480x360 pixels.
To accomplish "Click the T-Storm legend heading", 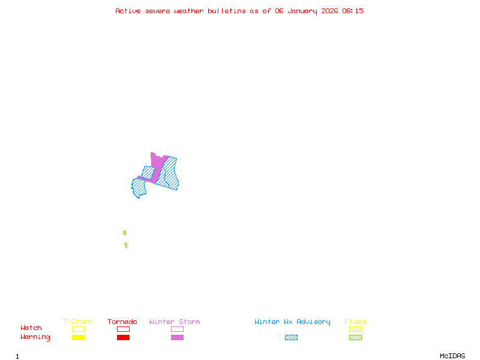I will [x=77, y=322].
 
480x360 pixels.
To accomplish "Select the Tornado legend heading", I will [x=122, y=322].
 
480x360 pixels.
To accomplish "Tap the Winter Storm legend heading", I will [x=175, y=322].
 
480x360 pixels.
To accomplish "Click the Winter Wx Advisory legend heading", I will [x=292, y=322].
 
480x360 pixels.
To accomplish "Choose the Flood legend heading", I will [x=355, y=322].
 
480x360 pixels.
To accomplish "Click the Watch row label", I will [x=31, y=328].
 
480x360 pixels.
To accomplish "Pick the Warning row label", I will [x=35, y=337].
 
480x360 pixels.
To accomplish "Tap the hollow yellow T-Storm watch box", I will [x=78, y=329].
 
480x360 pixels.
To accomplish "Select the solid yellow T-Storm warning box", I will [x=78, y=337].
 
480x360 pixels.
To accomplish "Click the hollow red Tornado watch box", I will [x=123, y=329].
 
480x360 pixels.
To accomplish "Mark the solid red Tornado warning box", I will [x=123, y=337].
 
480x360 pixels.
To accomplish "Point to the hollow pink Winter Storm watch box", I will [x=177, y=329].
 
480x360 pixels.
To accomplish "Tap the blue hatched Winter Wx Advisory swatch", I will [x=291, y=337].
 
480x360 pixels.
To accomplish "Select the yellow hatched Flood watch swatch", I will [x=355, y=329].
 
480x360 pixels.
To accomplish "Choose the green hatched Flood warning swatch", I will [x=355, y=337].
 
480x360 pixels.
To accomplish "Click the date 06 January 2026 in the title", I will [x=307, y=11].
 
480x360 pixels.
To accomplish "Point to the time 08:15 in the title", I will [x=353, y=11].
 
